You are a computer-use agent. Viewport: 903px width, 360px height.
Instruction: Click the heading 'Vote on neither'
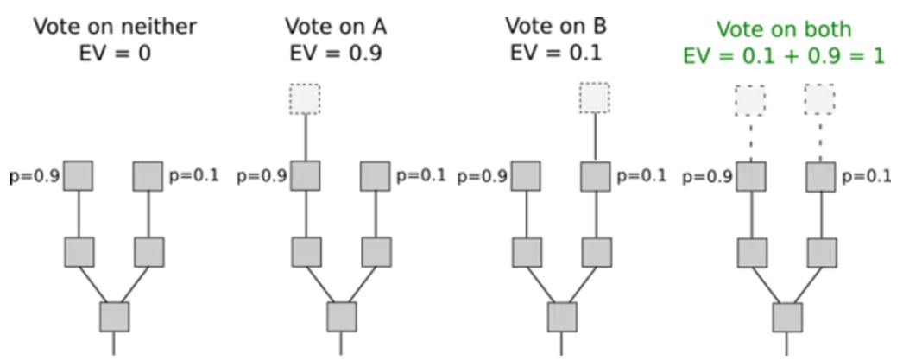[115, 27]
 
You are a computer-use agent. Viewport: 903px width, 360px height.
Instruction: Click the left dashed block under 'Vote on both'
[749, 100]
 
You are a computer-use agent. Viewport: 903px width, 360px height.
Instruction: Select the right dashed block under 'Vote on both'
[819, 100]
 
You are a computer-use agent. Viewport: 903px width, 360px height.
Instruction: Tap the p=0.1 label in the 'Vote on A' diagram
[421, 177]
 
